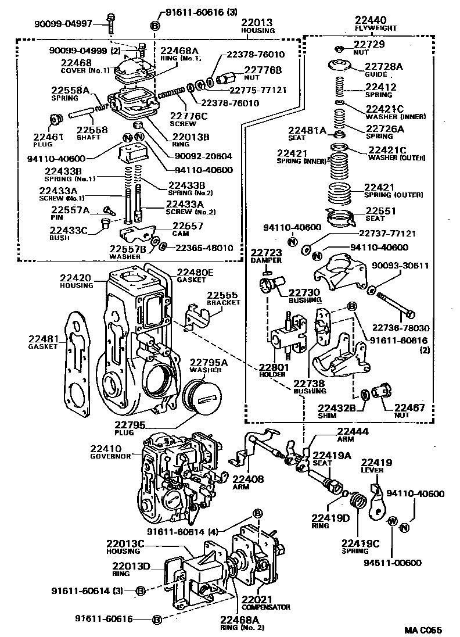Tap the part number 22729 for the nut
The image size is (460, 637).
(369, 45)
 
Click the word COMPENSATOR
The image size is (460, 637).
(266, 607)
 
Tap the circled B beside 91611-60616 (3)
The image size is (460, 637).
(154, 25)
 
